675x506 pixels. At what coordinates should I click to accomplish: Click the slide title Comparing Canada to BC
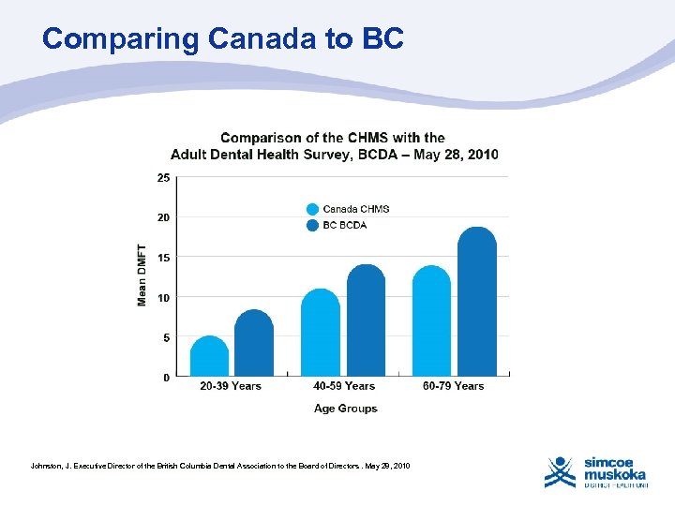click(x=223, y=38)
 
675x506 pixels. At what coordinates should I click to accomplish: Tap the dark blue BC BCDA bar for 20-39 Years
click(x=253, y=344)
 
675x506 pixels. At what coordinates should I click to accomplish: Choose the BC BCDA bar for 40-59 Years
click(x=366, y=321)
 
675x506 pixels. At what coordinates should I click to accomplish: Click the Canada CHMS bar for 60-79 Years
click(x=431, y=321)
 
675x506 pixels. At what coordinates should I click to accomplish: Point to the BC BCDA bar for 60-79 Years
click(x=476, y=303)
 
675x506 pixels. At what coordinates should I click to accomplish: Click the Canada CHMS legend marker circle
click(x=312, y=209)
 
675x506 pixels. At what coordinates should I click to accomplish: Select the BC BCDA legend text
click(x=344, y=225)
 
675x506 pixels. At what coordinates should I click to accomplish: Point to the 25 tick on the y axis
click(x=163, y=177)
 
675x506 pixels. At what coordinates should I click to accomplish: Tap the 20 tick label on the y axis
click(x=163, y=217)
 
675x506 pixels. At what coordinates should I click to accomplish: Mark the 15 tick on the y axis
click(x=163, y=258)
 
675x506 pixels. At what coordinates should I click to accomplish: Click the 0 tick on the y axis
click(x=166, y=378)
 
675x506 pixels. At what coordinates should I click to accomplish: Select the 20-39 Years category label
click(x=231, y=386)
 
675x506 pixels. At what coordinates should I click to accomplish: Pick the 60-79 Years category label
click(x=454, y=386)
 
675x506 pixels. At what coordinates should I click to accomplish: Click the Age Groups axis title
click(x=345, y=409)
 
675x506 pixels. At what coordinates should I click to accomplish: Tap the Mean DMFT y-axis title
click(x=142, y=275)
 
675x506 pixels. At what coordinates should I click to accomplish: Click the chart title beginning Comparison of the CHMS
click(x=334, y=146)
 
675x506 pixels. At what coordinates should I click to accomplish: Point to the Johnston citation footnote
click(x=220, y=466)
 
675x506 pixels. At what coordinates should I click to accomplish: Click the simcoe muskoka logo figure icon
click(x=561, y=471)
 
